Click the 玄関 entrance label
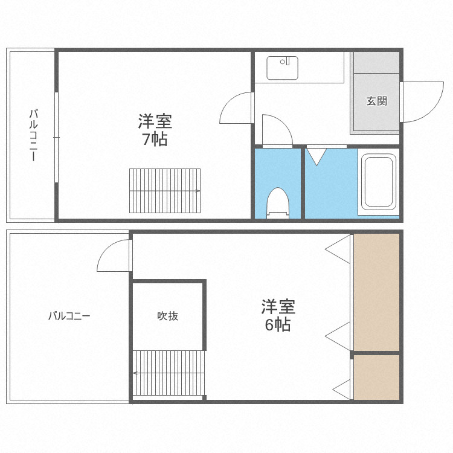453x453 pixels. (376, 101)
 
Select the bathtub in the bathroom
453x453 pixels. (377, 182)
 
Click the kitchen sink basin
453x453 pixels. (283, 68)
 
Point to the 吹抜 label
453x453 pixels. (168, 315)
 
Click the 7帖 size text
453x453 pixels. (155, 140)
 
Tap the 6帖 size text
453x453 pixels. (278, 324)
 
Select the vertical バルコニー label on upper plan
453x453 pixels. (33, 135)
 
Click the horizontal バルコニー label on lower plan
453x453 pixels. (69, 315)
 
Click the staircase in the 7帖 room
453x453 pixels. (165, 190)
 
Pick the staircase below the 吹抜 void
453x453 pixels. (169, 373)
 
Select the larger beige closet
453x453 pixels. (376, 292)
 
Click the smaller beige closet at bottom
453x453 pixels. (376, 377)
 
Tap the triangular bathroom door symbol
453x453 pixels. (315, 156)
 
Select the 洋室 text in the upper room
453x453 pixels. (155, 121)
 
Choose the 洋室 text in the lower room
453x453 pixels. (278, 306)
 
